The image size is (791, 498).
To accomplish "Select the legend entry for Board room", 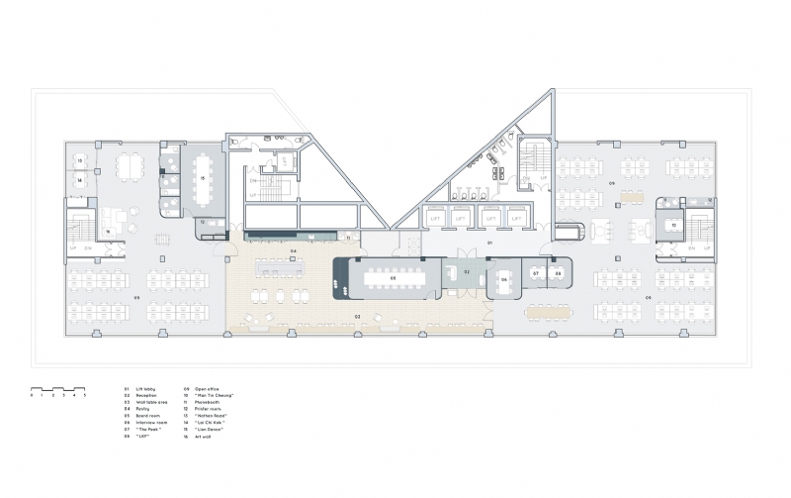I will point(142,415).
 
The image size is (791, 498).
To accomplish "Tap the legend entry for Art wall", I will point(202,436).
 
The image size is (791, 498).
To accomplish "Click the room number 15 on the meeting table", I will point(203,178).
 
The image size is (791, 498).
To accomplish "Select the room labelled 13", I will point(80,159).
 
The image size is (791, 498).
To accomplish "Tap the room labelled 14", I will point(80,181).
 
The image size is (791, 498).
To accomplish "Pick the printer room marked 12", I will point(204,223).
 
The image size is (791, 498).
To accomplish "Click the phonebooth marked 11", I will point(348,238).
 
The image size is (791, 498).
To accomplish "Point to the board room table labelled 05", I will point(393,279).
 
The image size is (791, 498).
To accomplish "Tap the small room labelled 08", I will point(558,272).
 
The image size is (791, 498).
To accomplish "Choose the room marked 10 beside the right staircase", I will point(673,226).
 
